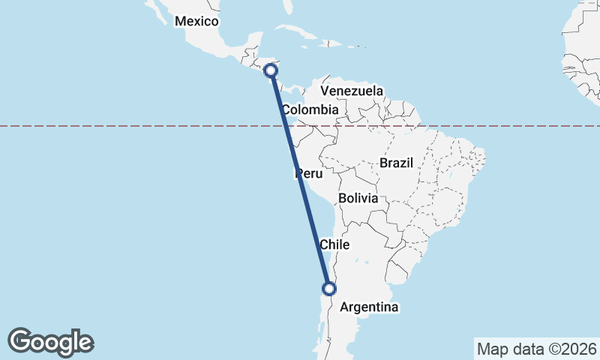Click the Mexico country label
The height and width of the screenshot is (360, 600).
point(196,21)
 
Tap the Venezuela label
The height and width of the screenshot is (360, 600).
point(352,91)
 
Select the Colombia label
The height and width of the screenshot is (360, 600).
point(310,109)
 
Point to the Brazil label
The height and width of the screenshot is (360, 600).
point(396,162)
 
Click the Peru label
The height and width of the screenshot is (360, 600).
point(309,174)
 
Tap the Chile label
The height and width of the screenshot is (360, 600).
point(334,244)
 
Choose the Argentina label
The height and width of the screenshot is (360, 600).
point(370,307)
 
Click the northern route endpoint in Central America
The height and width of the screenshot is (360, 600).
point(271,70)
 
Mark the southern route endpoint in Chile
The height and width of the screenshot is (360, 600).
point(328,288)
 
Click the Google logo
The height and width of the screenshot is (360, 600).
point(50,342)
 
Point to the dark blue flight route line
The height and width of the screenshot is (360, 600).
point(300,180)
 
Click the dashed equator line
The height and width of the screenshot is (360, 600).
point(150,126)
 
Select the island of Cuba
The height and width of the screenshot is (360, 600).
point(300,33)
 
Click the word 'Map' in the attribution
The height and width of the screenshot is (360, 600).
point(492,349)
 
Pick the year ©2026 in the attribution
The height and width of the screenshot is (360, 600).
point(570,349)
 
